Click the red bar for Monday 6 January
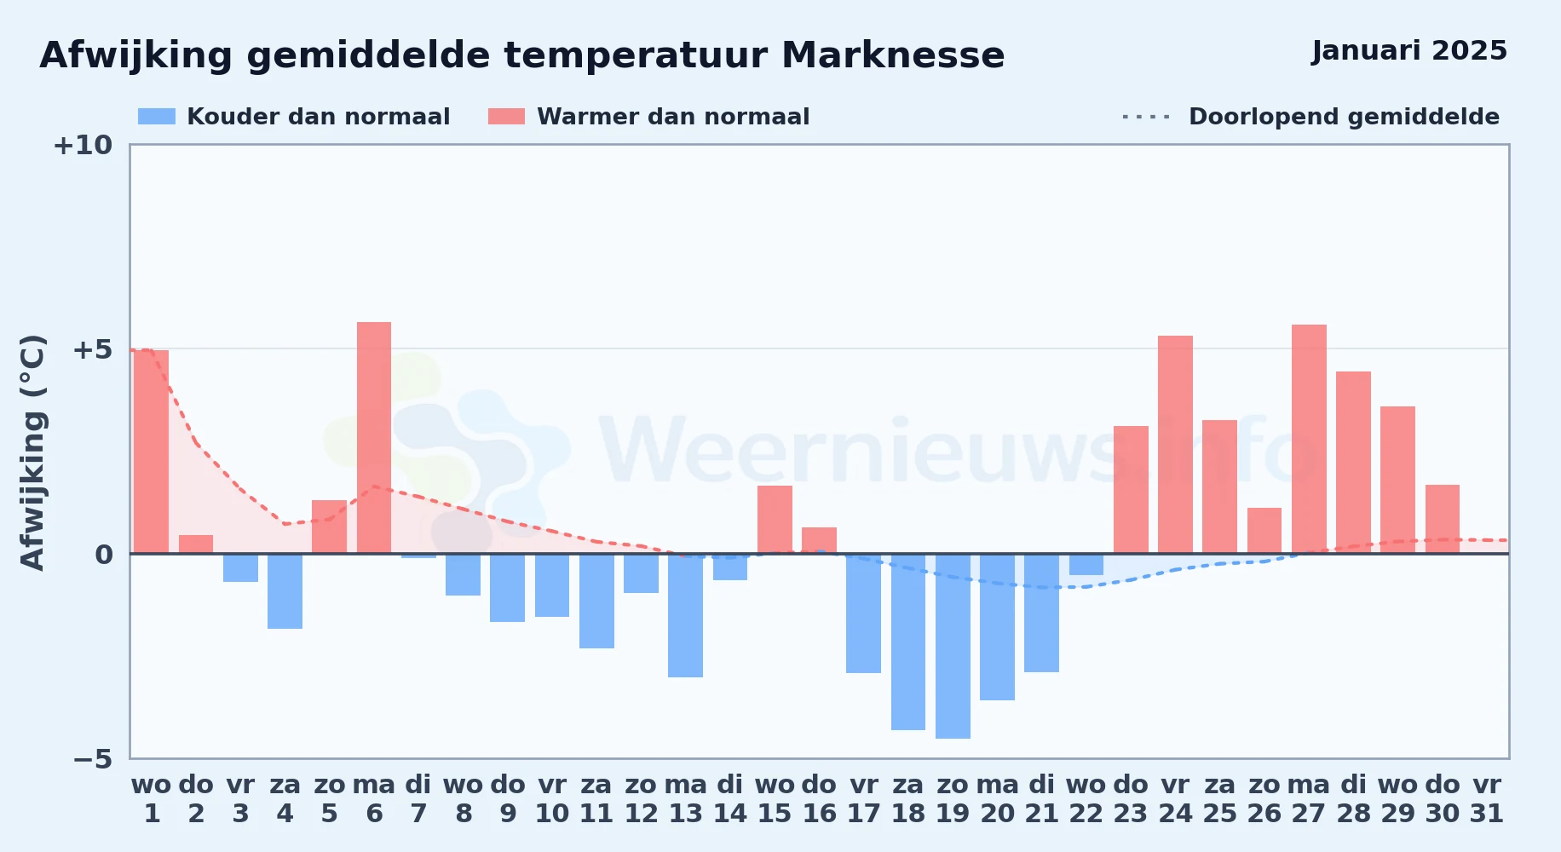(374, 438)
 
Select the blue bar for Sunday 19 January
(953, 646)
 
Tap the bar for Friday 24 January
(1175, 445)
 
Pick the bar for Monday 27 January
(1309, 439)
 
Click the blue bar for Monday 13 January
(685, 615)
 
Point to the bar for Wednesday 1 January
(151, 452)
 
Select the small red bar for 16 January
(819, 540)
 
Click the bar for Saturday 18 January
(908, 642)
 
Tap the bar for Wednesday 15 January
(775, 520)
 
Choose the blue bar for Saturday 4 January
(285, 591)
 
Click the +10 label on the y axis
(83, 145)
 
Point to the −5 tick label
(93, 758)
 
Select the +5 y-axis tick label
(92, 349)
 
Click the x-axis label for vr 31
(1487, 798)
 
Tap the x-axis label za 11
(596, 798)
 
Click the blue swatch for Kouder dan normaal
(157, 117)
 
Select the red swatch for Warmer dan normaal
(507, 117)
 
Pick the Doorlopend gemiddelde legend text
(1344, 117)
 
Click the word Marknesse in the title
(893, 55)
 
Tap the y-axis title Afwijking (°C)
(32, 452)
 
